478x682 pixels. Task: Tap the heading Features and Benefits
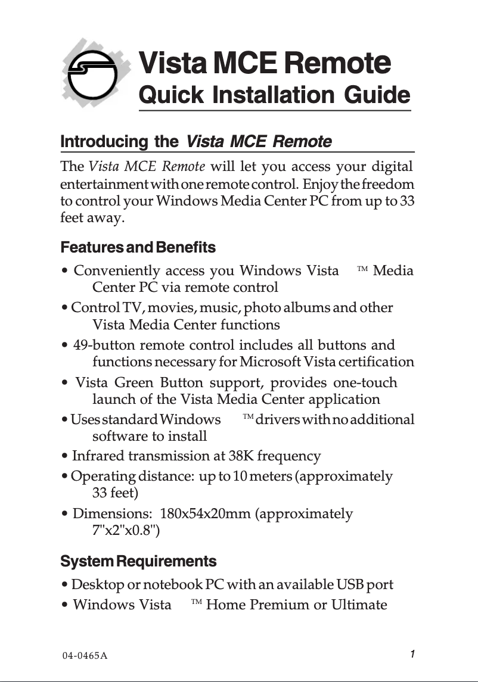[138, 247]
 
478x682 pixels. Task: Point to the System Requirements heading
[138, 561]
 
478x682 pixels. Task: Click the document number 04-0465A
[85, 656]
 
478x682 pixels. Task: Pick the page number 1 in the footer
[412, 654]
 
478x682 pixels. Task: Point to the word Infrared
[98, 456]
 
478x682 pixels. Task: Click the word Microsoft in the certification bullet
[271, 362]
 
